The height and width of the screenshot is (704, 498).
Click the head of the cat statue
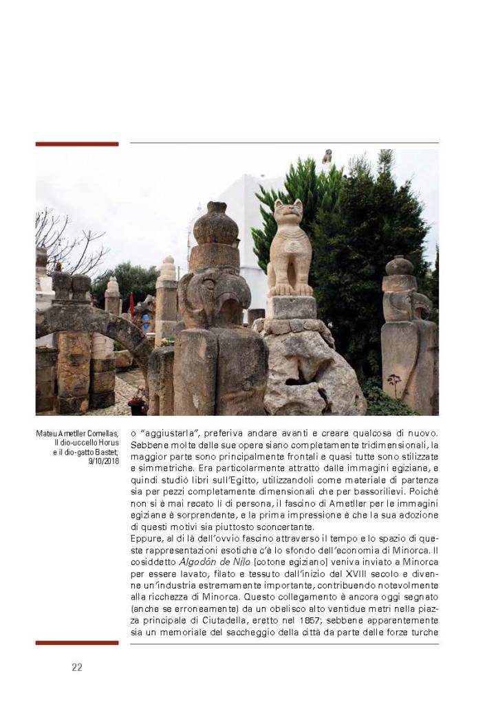tap(288, 214)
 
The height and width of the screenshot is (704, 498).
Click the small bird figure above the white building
tap(327, 156)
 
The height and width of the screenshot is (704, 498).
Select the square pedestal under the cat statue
tap(290, 307)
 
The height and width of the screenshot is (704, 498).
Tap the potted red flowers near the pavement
tap(138, 397)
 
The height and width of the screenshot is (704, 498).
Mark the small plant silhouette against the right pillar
tap(395, 382)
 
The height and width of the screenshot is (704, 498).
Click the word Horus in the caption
tap(109, 442)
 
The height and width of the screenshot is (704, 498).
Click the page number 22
tap(77, 666)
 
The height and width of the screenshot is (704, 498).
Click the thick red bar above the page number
tap(77, 643)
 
